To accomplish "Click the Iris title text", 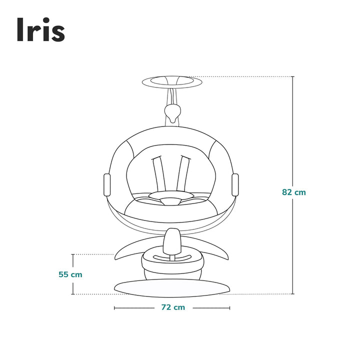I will (x=40, y=31).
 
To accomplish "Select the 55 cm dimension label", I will (x=70, y=274).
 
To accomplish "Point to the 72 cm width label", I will (x=173, y=307).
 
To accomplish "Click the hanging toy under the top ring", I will (x=173, y=113).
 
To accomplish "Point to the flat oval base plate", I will (x=172, y=287).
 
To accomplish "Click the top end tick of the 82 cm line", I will (x=293, y=76).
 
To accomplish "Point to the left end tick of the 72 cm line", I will (x=114, y=308).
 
